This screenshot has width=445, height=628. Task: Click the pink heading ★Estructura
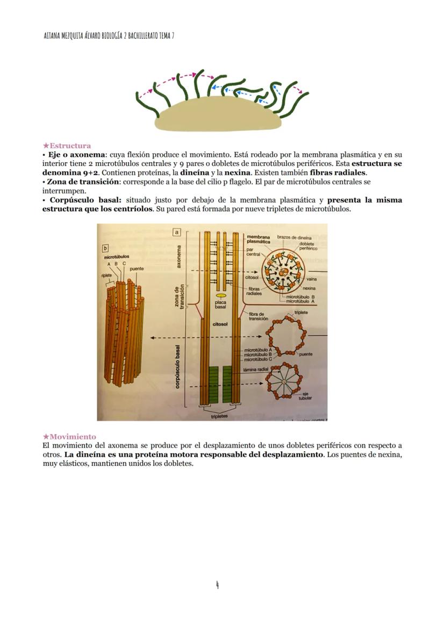pyautogui.click(x=67, y=146)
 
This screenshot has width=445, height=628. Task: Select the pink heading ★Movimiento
pyautogui.click(x=69, y=437)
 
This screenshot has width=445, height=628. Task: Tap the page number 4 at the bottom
pyautogui.click(x=217, y=585)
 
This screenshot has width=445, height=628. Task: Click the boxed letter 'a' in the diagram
pyautogui.click(x=176, y=232)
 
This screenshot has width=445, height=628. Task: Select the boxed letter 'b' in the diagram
pyautogui.click(x=106, y=249)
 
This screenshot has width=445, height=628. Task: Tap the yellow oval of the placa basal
pyautogui.click(x=220, y=295)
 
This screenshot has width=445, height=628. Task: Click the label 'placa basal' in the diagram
pyautogui.click(x=220, y=304)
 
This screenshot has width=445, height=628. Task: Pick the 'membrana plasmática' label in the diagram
pyautogui.click(x=259, y=240)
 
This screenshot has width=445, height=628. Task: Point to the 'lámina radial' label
pyautogui.click(x=256, y=370)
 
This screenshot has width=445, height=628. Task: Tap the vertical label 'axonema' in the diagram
pyautogui.click(x=178, y=257)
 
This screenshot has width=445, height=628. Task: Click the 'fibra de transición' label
pyautogui.click(x=259, y=316)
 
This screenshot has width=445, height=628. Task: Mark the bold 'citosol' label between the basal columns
pyautogui.click(x=220, y=324)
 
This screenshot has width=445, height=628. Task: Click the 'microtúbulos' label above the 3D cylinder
pyautogui.click(x=116, y=257)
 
